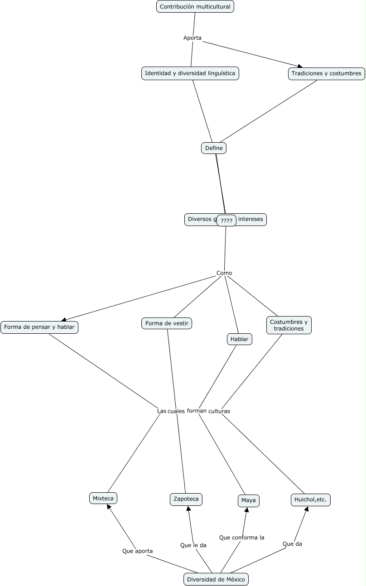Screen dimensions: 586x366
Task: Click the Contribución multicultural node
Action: click(x=195, y=7)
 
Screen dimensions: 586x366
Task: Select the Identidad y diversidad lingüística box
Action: click(x=190, y=73)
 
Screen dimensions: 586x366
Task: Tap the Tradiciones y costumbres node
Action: click(x=326, y=73)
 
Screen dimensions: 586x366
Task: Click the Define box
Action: click(x=213, y=148)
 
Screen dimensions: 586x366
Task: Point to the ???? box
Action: click(x=226, y=221)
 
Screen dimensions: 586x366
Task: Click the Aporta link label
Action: click(x=192, y=38)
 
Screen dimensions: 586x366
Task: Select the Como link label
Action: click(x=224, y=273)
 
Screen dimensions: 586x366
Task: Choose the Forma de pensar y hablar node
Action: click(x=39, y=327)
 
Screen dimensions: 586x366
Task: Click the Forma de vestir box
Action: click(x=167, y=323)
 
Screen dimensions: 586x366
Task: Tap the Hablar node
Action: click(x=239, y=339)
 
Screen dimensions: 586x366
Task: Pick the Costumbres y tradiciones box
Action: click(x=289, y=325)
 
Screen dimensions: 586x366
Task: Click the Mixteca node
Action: click(x=103, y=498)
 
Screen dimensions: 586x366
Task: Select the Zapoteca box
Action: click(x=186, y=499)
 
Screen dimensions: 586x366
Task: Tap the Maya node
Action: click(x=248, y=500)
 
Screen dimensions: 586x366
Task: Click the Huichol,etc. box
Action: click(x=310, y=500)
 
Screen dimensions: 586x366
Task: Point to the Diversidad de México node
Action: click(x=216, y=579)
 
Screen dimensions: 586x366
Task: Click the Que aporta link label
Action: click(x=137, y=551)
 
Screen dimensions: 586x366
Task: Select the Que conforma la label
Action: click(x=241, y=538)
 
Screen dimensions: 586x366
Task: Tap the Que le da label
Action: click(x=193, y=545)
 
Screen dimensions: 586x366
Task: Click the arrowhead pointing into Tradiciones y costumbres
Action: click(x=300, y=67)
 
